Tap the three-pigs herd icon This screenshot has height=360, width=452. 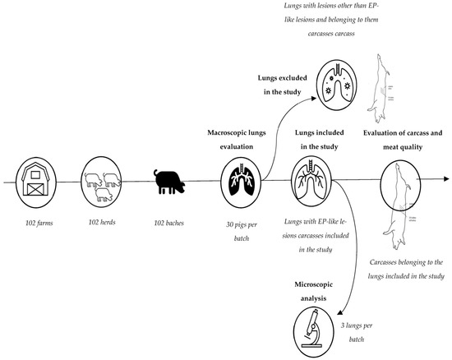pyautogui.click(x=103, y=180)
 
